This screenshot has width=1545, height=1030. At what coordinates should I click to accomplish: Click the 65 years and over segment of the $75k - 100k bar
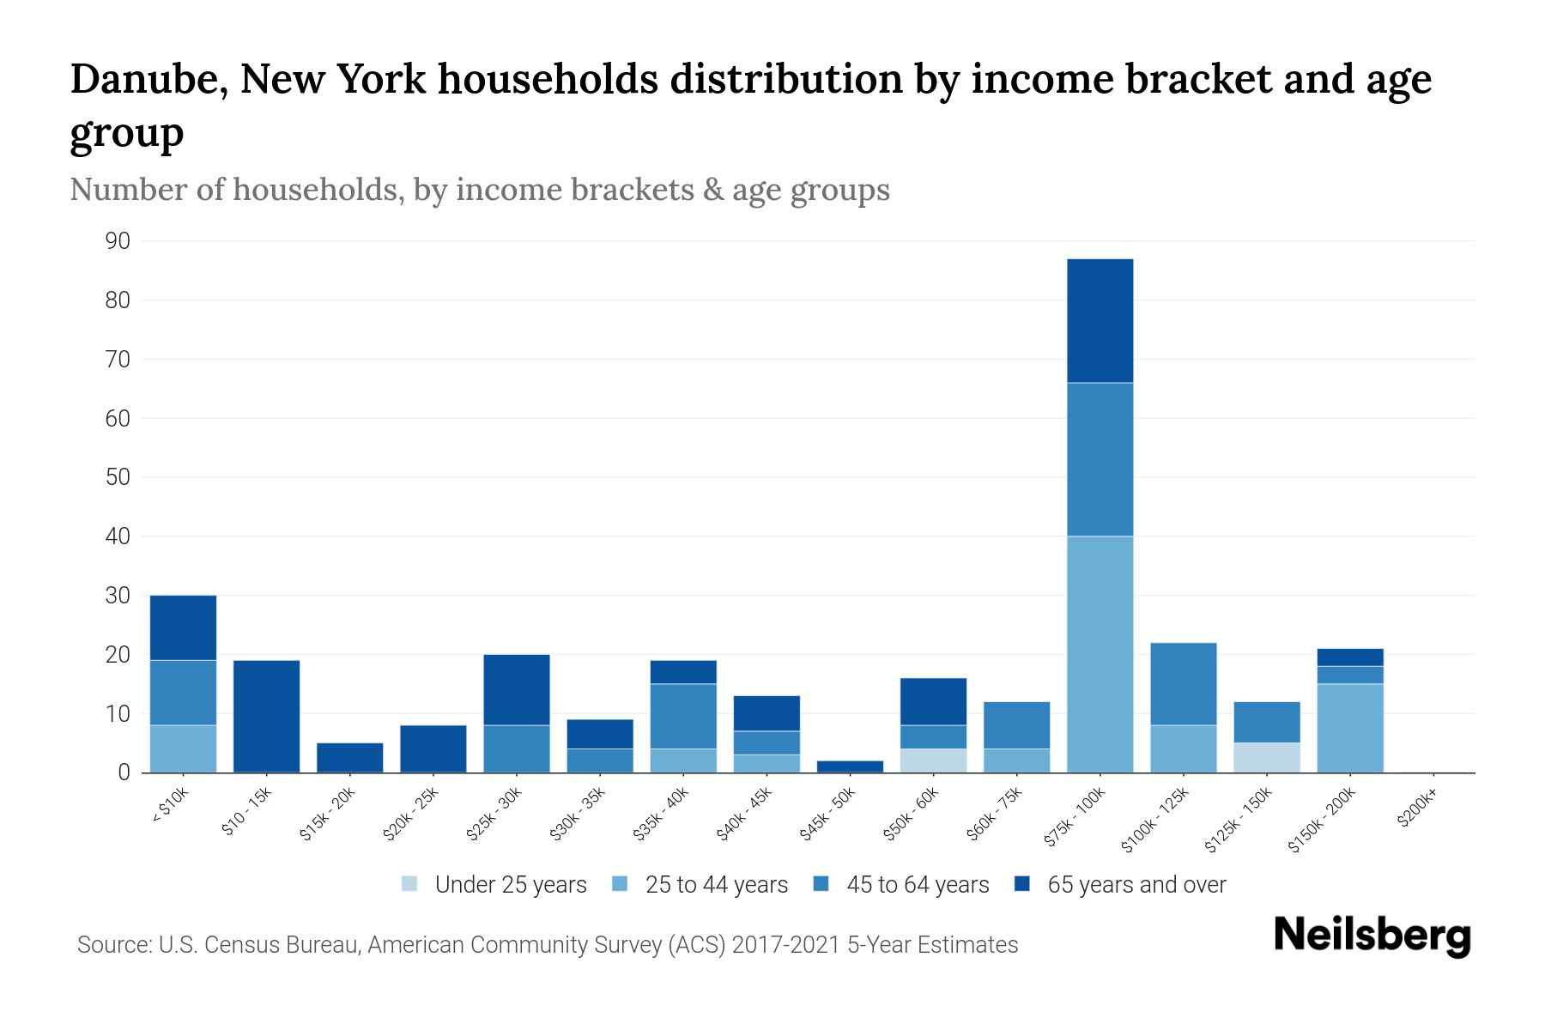(x=1100, y=320)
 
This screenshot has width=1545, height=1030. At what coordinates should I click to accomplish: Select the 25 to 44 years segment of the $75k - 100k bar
(x=1100, y=654)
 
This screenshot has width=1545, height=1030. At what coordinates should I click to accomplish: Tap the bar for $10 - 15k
(x=266, y=716)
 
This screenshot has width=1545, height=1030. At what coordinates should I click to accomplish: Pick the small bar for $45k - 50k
(x=850, y=766)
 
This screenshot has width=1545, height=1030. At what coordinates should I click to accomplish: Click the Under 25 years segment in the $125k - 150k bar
(x=1267, y=757)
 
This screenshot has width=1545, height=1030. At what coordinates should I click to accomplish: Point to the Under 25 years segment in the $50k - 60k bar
(x=933, y=760)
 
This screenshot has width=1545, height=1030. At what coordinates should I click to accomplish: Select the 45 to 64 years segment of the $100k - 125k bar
(x=1183, y=684)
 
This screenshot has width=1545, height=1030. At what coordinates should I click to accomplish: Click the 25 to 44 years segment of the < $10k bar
(x=183, y=748)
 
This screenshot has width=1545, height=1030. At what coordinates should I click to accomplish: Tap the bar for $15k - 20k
(x=349, y=757)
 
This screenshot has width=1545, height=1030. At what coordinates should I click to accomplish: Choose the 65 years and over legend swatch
(x=1022, y=884)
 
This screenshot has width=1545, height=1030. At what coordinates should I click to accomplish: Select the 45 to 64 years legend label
(x=918, y=885)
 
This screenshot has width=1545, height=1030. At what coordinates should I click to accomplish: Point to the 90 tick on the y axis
(x=118, y=241)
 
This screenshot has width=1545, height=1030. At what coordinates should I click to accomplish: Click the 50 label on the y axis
(x=118, y=477)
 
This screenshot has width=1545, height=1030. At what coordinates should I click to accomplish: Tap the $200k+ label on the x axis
(x=1417, y=809)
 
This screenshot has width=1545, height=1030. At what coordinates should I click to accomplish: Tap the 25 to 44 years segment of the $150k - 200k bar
(x=1350, y=728)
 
